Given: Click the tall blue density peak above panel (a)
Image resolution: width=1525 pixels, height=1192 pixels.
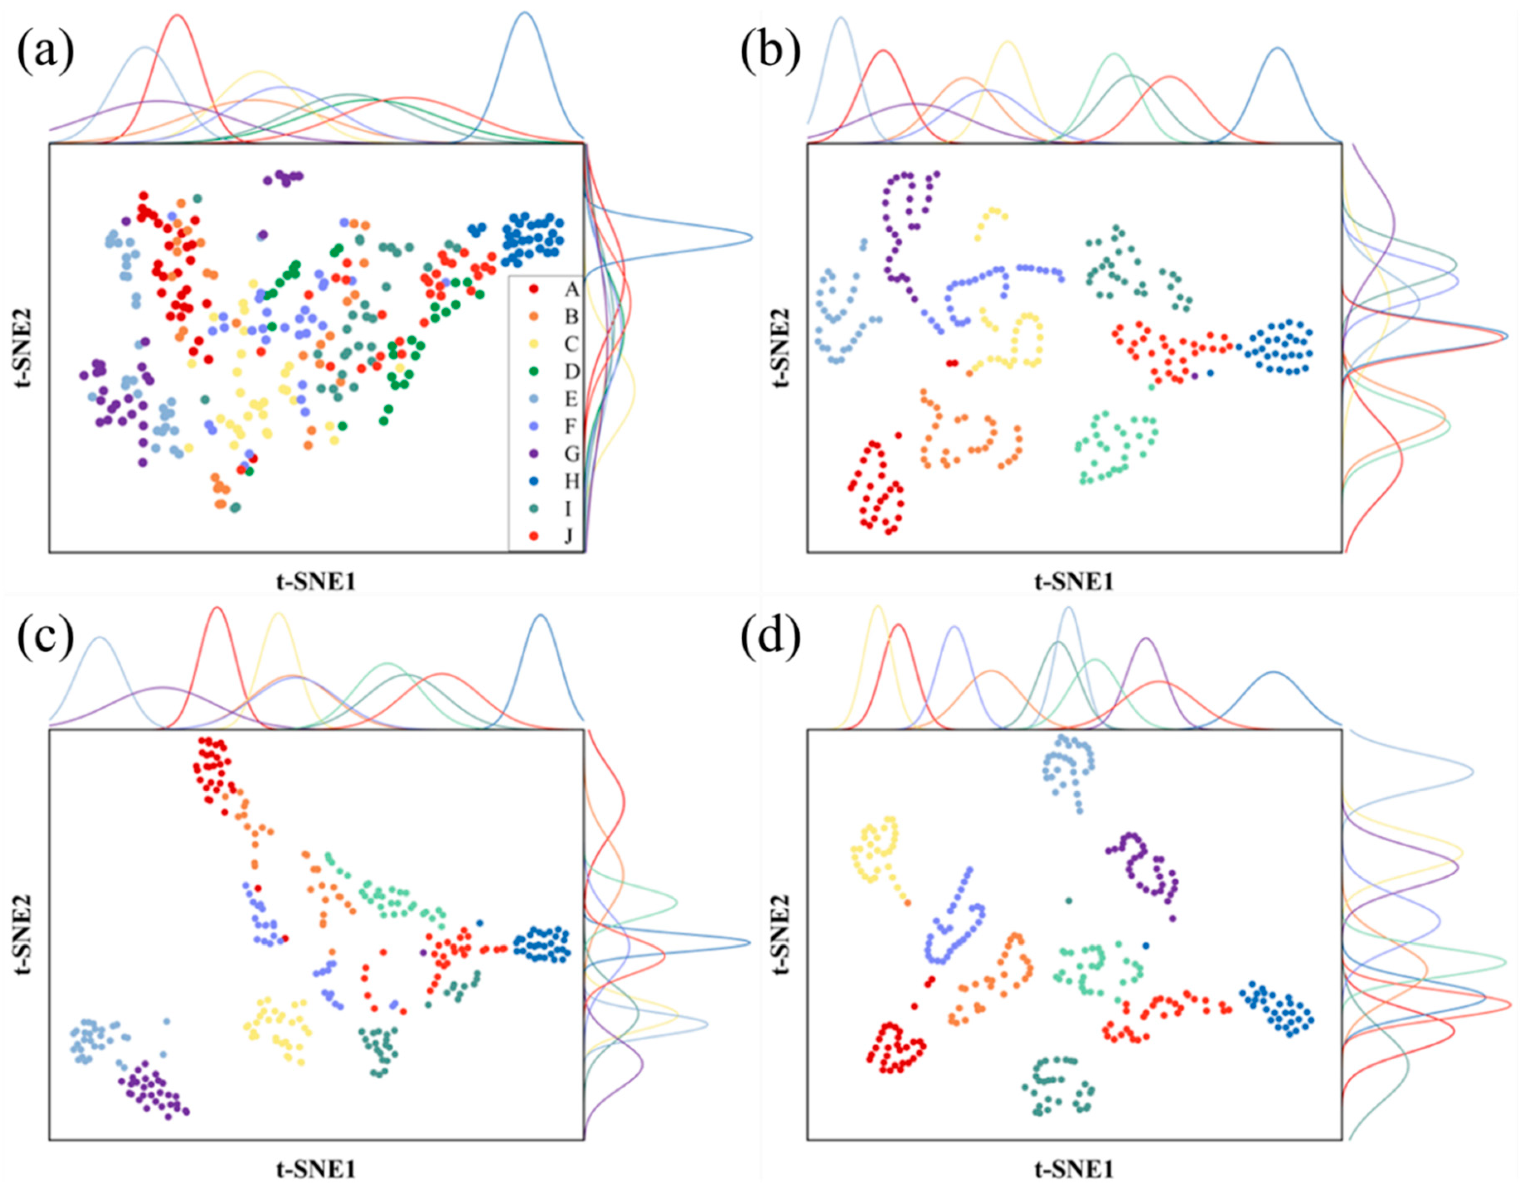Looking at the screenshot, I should tap(525, 14).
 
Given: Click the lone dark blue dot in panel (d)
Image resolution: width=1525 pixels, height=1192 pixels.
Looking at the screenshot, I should tap(1145, 945).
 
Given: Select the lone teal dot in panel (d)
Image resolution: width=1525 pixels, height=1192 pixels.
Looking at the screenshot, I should tap(1068, 901).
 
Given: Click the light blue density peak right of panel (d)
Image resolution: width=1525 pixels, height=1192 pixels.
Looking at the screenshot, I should tap(1472, 772).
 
